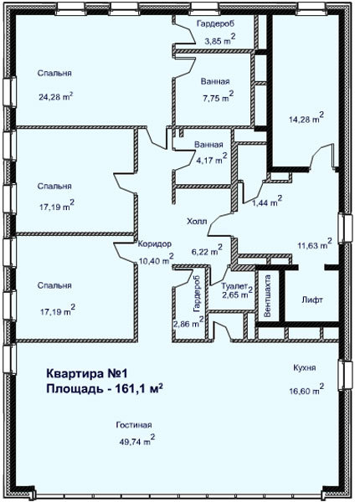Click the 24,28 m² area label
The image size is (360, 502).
coord(56,96)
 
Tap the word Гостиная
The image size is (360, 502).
coord(134,425)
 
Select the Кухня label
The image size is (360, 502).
coord(305,367)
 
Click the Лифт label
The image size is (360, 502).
coord(312,300)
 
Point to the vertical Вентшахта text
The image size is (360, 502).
coord(267,296)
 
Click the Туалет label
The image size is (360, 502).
coord(234,285)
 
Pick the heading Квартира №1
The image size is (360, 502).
coord(87,373)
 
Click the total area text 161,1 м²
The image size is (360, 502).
coord(138,388)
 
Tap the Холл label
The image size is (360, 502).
coord(197,221)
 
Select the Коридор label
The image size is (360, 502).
coord(155,243)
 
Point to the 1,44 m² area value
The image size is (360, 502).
coord(267,201)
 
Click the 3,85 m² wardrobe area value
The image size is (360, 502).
coord(220,39)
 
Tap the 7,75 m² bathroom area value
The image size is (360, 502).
coord(218,96)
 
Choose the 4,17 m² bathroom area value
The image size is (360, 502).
coord(211,158)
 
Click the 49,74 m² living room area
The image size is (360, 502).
coord(137,440)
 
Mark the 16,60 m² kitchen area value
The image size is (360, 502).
coord(306,389)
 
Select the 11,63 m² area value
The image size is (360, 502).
coord(315,244)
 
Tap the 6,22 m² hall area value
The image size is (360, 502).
coord(207,250)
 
